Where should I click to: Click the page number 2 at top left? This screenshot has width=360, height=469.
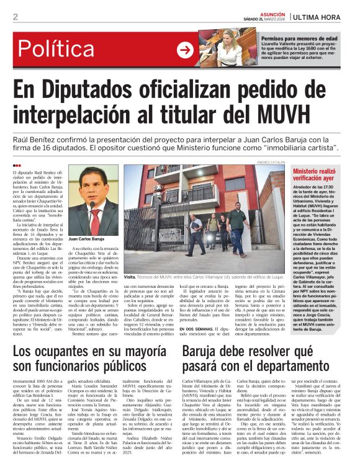point(15,17)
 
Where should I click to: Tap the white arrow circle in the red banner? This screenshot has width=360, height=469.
point(186,50)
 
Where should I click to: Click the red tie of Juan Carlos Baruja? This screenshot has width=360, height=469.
point(95,221)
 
